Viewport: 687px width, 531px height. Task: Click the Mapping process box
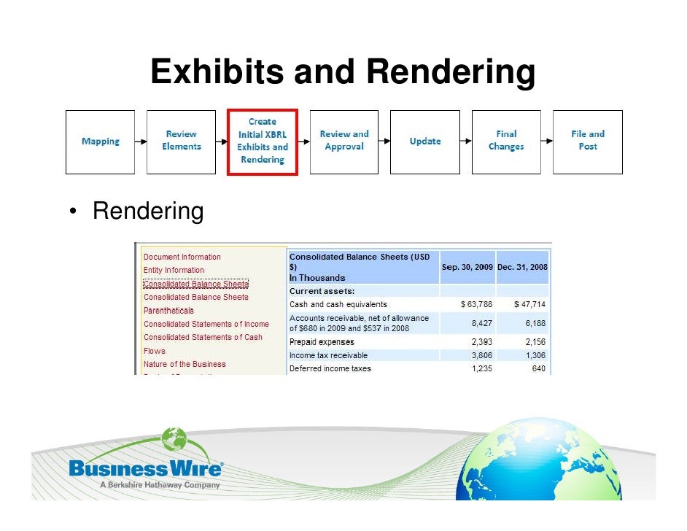click(x=101, y=142)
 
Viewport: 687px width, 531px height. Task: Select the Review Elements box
click(x=182, y=142)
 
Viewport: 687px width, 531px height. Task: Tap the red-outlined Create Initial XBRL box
click(x=263, y=142)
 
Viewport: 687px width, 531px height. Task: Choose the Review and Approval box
click(x=344, y=142)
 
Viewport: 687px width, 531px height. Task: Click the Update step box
click(x=424, y=142)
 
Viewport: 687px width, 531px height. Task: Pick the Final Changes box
click(x=506, y=142)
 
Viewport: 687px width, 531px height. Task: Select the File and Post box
click(x=587, y=142)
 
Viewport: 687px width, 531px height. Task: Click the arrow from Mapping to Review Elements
click(x=141, y=142)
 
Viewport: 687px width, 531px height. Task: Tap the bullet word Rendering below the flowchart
click(x=148, y=212)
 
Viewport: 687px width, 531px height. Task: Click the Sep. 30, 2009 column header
click(x=467, y=268)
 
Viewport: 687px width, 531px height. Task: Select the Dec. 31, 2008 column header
click(x=522, y=268)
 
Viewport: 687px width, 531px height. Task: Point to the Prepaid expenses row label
click(x=322, y=342)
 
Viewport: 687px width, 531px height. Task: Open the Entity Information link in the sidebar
click(x=174, y=271)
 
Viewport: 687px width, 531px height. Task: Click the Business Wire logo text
click(x=146, y=469)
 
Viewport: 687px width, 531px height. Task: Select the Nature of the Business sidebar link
click(x=185, y=364)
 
